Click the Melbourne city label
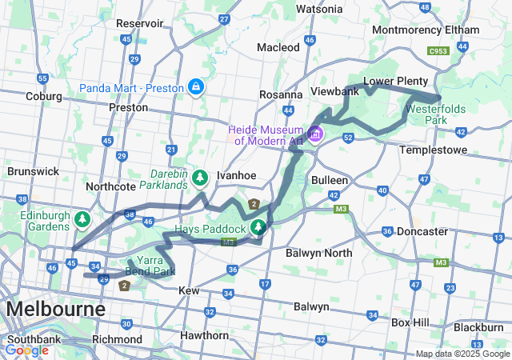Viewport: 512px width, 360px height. tap(55, 309)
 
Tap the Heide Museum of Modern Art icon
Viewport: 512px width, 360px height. tap(315, 134)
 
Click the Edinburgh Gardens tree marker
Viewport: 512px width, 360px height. tap(81, 218)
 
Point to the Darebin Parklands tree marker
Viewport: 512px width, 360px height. tap(199, 178)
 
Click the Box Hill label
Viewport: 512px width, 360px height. tap(411, 322)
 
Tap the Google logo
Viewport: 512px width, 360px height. tap(27, 350)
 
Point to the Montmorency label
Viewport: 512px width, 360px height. tap(408, 30)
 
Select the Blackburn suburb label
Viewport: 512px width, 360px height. tap(478, 327)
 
